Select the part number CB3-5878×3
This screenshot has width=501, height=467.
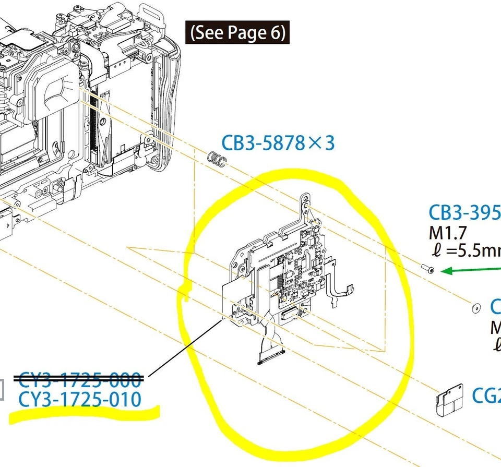click(x=278, y=143)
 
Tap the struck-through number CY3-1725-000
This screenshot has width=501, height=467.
click(x=80, y=379)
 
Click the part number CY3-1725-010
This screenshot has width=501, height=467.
click(x=80, y=400)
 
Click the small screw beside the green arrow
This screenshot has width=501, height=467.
click(x=427, y=269)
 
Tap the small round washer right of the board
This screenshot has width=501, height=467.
click(x=476, y=308)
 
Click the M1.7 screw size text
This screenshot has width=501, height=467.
click(x=447, y=233)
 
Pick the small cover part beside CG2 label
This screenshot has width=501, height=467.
click(x=449, y=398)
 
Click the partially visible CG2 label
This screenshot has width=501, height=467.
click(x=486, y=396)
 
